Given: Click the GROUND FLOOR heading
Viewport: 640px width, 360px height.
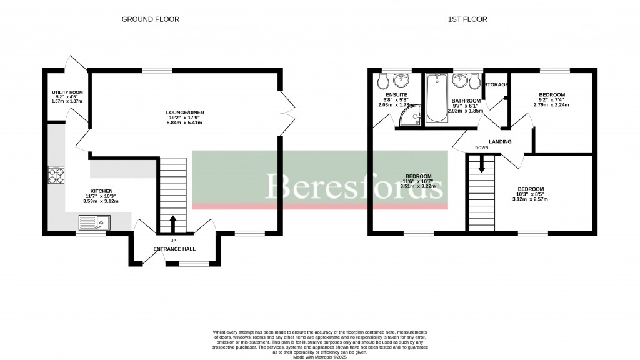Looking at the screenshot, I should [x=150, y=19].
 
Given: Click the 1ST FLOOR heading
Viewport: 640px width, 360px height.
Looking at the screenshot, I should [x=467, y=19].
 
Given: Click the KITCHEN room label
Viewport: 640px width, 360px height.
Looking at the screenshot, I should [x=101, y=191].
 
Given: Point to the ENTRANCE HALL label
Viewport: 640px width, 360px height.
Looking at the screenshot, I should [x=174, y=249].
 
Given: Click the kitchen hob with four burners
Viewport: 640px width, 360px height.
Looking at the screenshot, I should [x=56, y=175].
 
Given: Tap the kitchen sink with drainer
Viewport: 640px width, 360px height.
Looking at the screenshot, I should [x=93, y=222].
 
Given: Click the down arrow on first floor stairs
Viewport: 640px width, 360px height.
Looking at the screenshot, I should [x=481, y=164].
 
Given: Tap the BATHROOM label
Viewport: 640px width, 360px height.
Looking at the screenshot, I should [x=466, y=101].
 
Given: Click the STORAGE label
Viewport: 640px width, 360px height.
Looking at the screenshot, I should [x=497, y=85].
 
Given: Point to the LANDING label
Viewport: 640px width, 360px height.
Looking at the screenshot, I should [x=500, y=142].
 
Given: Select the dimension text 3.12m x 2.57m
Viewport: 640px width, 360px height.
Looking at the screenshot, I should [x=530, y=199].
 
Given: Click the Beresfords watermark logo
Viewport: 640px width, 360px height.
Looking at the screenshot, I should [x=355, y=186].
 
